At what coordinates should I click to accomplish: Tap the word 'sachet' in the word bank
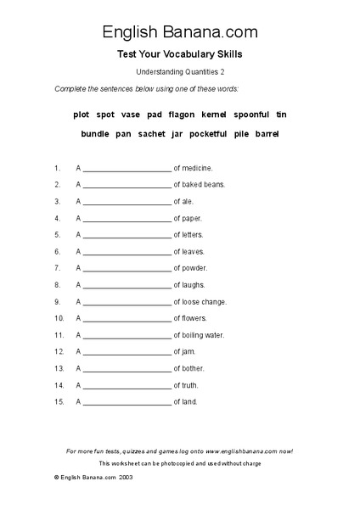[x=153, y=134]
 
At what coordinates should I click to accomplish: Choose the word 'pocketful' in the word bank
[x=208, y=134]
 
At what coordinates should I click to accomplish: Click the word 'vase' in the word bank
[x=131, y=114]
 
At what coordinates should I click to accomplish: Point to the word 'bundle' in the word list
[x=95, y=134]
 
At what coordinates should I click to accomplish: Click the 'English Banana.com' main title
[x=180, y=32]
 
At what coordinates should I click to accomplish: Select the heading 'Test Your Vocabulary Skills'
[x=180, y=54]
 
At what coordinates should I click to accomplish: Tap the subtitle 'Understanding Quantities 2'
[x=180, y=73]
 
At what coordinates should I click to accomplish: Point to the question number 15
[x=58, y=401]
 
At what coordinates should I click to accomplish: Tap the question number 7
[x=57, y=268]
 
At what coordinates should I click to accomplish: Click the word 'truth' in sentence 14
[x=191, y=384]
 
